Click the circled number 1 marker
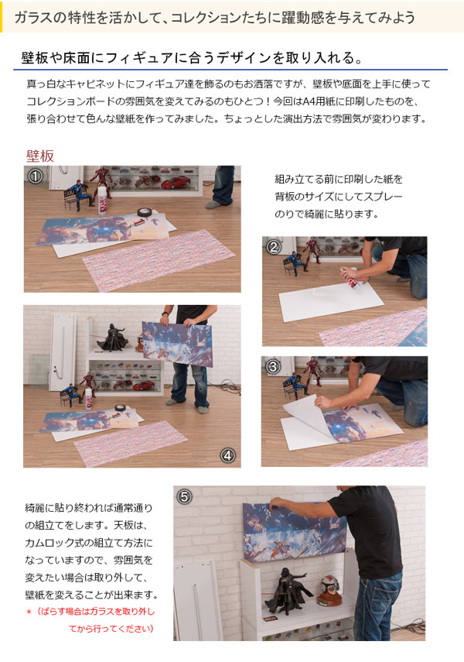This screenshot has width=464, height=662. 34,176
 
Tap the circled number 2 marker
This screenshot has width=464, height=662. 273,248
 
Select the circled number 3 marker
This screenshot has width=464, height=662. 272,366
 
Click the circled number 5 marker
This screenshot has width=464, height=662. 184,496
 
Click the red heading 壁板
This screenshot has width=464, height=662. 40,155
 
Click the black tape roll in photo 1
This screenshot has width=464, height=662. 143,211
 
